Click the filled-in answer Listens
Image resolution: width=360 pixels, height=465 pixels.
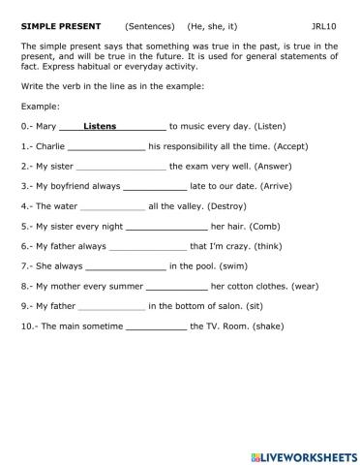click(101, 126)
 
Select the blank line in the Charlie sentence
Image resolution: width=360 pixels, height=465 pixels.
click(106, 146)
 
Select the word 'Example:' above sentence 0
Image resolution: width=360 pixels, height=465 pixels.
click(40, 106)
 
